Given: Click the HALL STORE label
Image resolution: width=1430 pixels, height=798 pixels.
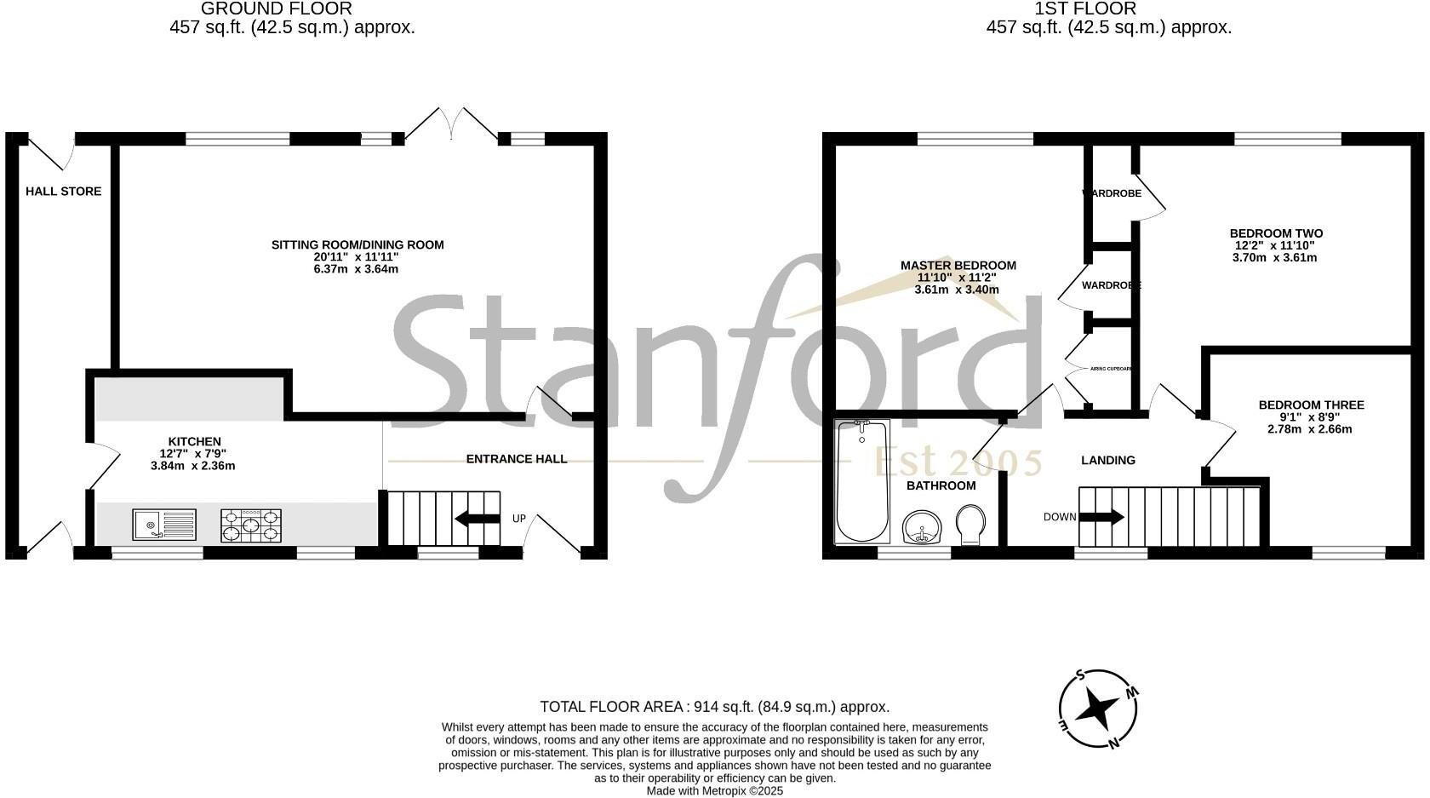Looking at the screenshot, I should (x=63, y=192).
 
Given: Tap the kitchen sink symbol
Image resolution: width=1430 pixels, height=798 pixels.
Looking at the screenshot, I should (x=163, y=524).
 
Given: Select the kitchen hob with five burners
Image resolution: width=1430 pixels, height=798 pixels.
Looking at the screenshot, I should (x=251, y=525).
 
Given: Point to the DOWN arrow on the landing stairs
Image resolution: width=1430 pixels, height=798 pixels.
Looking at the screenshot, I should (x=1103, y=517).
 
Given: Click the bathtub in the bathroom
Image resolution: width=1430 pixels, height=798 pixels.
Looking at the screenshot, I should (x=863, y=481).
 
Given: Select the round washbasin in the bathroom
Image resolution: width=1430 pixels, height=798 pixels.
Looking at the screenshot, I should (x=921, y=526).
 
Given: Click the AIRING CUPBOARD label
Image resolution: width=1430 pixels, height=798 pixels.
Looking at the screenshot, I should (x=1112, y=369).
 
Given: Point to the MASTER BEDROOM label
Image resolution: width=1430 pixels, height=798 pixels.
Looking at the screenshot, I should (x=958, y=266).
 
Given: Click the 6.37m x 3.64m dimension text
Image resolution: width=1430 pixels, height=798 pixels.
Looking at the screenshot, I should (x=357, y=269).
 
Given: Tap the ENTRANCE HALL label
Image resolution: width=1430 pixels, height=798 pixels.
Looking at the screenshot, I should (x=516, y=459).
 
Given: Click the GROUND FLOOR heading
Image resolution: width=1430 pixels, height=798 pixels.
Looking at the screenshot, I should (x=276, y=9).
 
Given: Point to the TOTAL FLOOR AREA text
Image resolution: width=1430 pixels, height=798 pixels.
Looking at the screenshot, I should (x=714, y=707).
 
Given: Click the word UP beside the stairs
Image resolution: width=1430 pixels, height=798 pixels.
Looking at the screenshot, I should (x=518, y=519).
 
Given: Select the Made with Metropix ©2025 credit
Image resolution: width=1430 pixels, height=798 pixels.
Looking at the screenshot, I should (x=714, y=791).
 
